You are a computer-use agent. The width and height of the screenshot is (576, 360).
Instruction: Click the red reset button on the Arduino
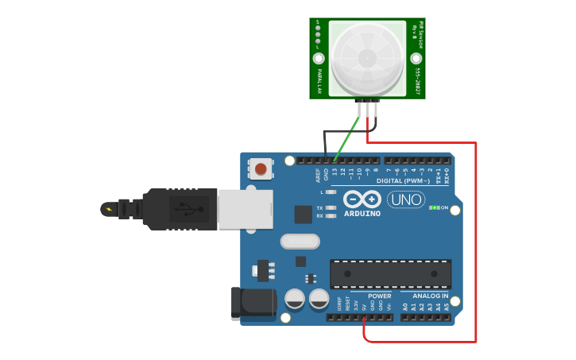pos(261,168)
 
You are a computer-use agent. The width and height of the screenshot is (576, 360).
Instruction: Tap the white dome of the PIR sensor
pos(367,57)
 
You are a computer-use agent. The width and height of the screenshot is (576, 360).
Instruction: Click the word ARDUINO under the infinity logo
pos(362,213)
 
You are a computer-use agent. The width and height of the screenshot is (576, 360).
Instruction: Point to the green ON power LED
pos(435,208)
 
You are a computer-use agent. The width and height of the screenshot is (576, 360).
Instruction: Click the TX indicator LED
pos(331,207)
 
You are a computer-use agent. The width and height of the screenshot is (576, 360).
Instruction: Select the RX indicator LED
pos(331,215)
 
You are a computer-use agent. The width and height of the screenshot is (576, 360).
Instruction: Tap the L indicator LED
pos(331,192)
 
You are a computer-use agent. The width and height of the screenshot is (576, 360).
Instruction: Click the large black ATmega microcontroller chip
pos(390,273)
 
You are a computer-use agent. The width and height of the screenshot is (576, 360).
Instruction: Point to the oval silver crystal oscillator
pos(299,241)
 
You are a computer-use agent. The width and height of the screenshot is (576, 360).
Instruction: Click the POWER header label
pos(379,296)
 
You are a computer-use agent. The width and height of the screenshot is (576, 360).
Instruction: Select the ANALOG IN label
pos(429,296)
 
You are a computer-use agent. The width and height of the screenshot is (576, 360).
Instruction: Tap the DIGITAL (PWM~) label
pos(404,181)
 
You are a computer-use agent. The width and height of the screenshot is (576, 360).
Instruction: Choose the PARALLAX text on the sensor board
pos(319,80)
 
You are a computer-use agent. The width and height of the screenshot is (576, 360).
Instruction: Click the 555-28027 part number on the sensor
pos(418,82)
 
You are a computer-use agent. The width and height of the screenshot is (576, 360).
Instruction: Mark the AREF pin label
pos(318,173)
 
